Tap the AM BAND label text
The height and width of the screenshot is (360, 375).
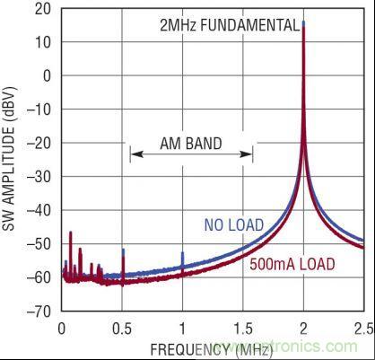tap(191, 143)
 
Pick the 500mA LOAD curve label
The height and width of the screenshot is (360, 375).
tap(292, 265)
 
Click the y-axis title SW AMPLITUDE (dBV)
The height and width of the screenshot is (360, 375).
tap(12, 162)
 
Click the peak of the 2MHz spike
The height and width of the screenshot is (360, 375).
tap(304, 22)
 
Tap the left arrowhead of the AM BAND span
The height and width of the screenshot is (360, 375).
tap(133, 154)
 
